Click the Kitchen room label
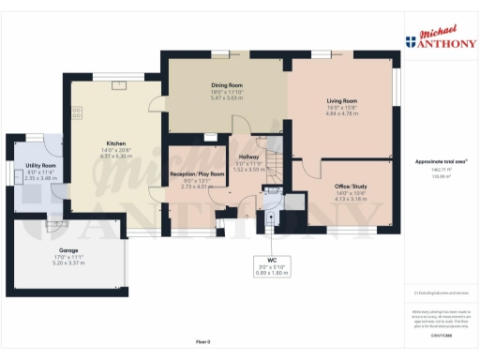coord(116,143)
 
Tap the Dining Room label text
coord(227,85)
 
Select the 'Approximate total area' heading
coord(439,161)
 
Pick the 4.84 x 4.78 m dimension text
coord(341,113)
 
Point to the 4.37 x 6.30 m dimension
coord(116,157)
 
